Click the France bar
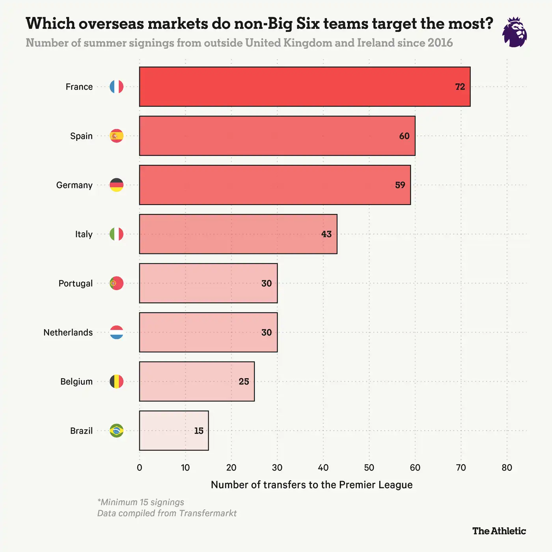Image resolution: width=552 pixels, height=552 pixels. (304, 87)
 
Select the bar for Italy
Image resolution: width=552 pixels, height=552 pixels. (238, 234)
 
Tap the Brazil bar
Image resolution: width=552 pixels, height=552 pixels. (174, 431)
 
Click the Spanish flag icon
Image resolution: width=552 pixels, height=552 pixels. (116, 136)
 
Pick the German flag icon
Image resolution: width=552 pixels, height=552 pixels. (116, 185)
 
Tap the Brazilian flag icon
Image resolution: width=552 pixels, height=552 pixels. (116, 431)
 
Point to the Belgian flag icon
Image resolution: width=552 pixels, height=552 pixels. (116, 381)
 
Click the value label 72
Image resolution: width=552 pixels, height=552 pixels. (460, 87)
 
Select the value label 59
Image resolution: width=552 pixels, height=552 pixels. (400, 185)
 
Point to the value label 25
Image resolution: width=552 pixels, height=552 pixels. (244, 381)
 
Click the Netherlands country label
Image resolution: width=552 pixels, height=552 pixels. (68, 332)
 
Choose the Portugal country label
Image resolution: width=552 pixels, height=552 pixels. (75, 283)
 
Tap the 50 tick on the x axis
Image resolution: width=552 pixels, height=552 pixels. (369, 468)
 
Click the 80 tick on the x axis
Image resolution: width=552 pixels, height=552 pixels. (507, 468)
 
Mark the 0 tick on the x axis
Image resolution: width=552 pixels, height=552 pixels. (140, 468)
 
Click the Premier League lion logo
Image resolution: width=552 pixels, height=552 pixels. (515, 32)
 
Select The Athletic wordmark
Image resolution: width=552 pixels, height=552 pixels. (499, 531)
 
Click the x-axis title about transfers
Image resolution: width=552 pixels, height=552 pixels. (311, 485)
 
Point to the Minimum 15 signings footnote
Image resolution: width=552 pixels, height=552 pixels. (141, 502)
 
